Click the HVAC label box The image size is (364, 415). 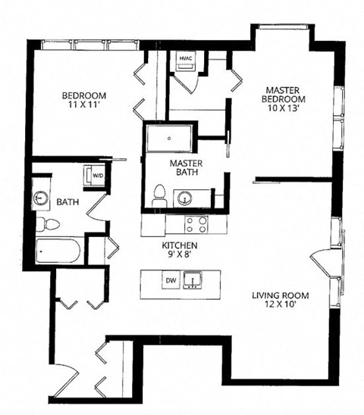click(x=186, y=58)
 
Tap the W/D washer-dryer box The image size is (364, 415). click(x=98, y=176)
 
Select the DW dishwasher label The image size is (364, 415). click(x=171, y=282)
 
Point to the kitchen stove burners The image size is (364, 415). click(x=196, y=224)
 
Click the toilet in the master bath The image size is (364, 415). click(x=159, y=196)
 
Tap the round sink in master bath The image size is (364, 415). click(x=184, y=198)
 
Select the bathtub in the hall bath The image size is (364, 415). click(x=58, y=250)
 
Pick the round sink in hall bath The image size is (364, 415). click(x=40, y=198)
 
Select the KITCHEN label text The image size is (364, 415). click(x=180, y=246)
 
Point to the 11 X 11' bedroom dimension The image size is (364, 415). click(x=83, y=105)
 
